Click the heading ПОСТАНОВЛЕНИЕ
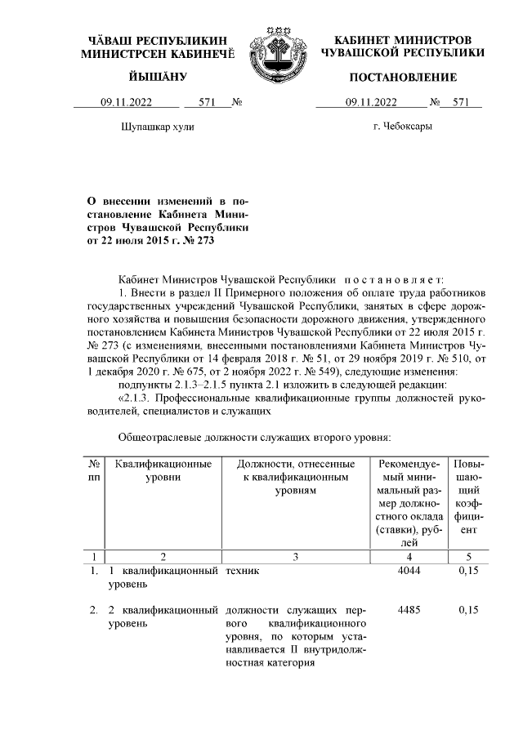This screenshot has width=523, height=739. click(x=402, y=77)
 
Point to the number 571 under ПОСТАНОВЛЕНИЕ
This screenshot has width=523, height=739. click(x=461, y=103)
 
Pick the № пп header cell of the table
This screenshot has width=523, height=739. click(x=93, y=471)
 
